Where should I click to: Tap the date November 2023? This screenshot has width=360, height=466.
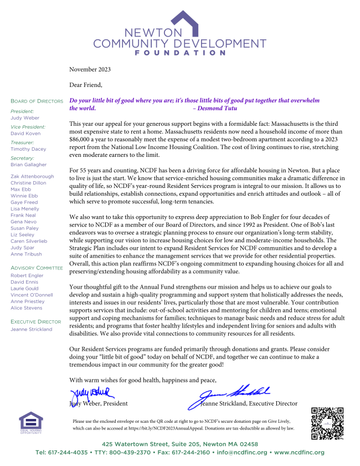(x=90, y=69)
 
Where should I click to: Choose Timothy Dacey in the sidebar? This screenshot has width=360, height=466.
(x=28, y=149)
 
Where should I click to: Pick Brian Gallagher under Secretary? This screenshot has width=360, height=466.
(x=29, y=165)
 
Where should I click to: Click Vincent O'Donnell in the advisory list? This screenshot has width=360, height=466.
(x=32, y=295)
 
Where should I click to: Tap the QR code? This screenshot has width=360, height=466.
(x=327, y=423)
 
